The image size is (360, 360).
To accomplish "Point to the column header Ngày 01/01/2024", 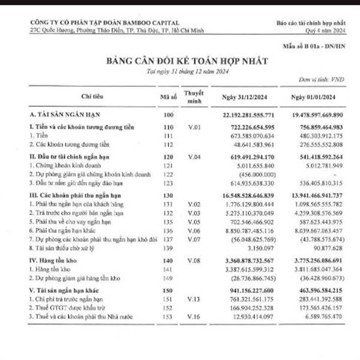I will tap(317, 97).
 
